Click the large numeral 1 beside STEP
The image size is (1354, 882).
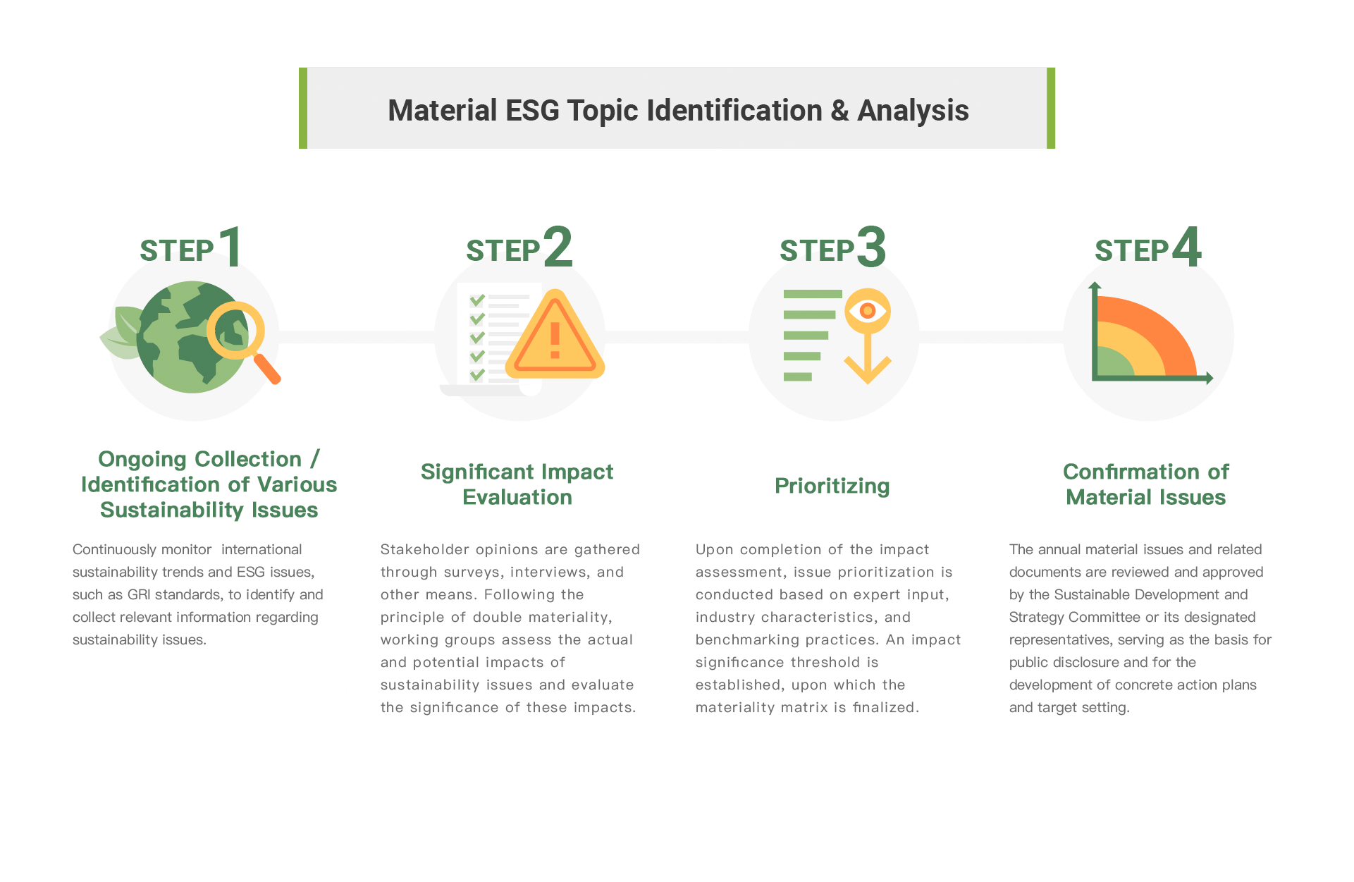pyautogui.click(x=231, y=246)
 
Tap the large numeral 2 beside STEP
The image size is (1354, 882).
pyautogui.click(x=558, y=247)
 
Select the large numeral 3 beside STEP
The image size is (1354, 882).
pyautogui.click(x=872, y=247)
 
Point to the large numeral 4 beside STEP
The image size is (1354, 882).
pyautogui.click(x=1186, y=247)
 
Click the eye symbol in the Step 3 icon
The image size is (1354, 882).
pyautogui.click(x=868, y=310)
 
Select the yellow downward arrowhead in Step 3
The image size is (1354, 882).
pyautogui.click(x=868, y=369)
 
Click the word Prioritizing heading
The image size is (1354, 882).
pyautogui.click(x=832, y=486)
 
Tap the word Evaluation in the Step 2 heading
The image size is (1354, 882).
pyautogui.click(x=517, y=497)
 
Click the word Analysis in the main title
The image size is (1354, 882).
pyautogui.click(x=913, y=111)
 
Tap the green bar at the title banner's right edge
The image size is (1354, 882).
pyautogui.click(x=1051, y=108)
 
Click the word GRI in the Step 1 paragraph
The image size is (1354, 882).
pyautogui.click(x=139, y=594)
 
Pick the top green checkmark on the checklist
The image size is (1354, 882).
pyautogui.click(x=477, y=300)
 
